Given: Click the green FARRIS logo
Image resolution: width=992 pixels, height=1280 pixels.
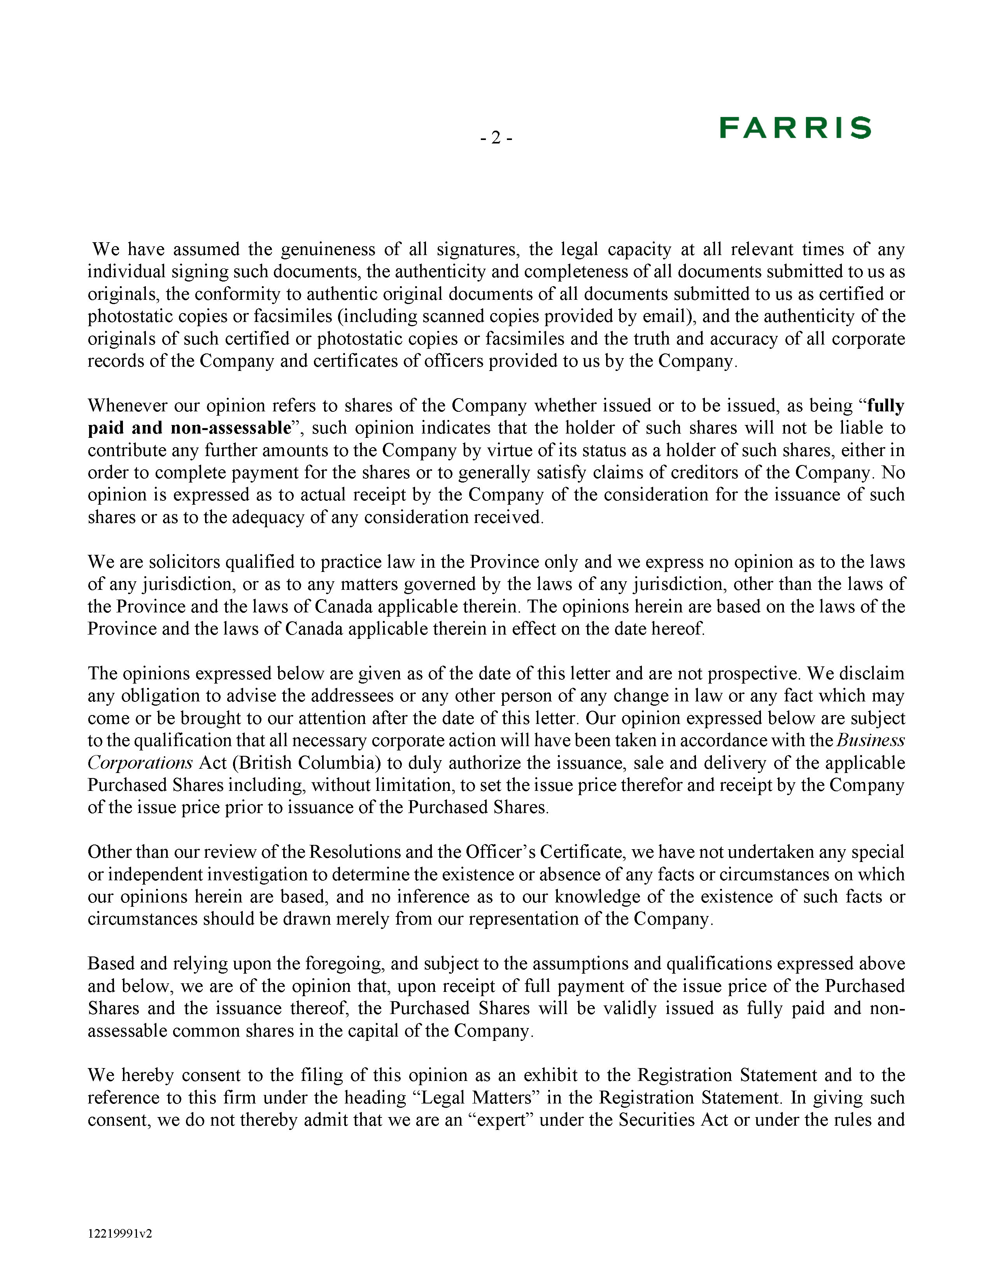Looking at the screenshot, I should (795, 128).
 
